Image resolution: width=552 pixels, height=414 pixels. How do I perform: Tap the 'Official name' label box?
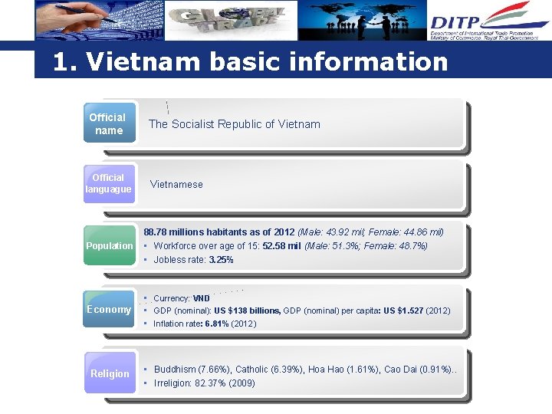click(x=108, y=123)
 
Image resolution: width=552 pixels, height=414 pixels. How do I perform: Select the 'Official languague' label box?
click(x=108, y=183)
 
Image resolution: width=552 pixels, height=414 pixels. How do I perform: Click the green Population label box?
click(x=109, y=246)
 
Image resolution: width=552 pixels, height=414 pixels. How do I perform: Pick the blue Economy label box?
click(x=109, y=309)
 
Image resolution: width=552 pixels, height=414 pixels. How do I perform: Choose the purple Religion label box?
click(x=110, y=373)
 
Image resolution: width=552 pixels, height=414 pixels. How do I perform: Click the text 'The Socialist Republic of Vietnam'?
click(x=234, y=124)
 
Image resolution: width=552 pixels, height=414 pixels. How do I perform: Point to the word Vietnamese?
click(x=176, y=184)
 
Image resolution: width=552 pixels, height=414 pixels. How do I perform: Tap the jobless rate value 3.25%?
click(x=221, y=260)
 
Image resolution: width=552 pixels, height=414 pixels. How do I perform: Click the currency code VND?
click(x=201, y=298)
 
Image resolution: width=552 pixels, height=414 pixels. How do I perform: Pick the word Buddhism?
click(x=176, y=370)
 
